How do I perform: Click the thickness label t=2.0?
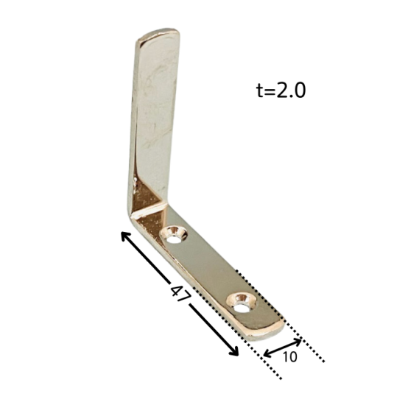pyautogui.click(x=281, y=90)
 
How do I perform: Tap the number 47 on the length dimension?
pyautogui.click(x=180, y=293)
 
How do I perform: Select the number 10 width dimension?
pyautogui.click(x=290, y=356)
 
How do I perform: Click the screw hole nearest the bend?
pyautogui.click(x=174, y=235)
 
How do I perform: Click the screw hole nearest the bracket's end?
pyautogui.click(x=242, y=302)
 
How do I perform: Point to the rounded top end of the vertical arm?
pyautogui.click(x=158, y=33)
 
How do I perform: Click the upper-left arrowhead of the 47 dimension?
pyautogui.click(x=125, y=236)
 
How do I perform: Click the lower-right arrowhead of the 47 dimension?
pyautogui.click(x=234, y=352)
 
